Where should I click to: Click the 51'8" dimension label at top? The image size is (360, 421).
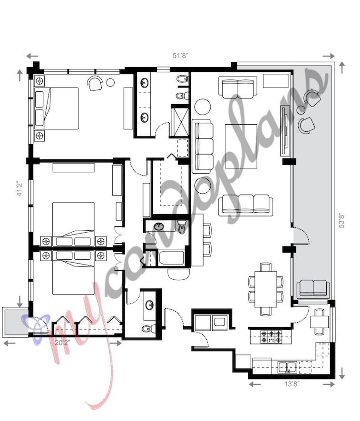180,55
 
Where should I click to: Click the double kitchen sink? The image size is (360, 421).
287,367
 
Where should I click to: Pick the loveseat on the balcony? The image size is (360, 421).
313,288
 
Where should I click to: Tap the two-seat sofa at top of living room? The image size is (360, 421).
236,87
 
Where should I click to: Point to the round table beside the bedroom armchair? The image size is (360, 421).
110,82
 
